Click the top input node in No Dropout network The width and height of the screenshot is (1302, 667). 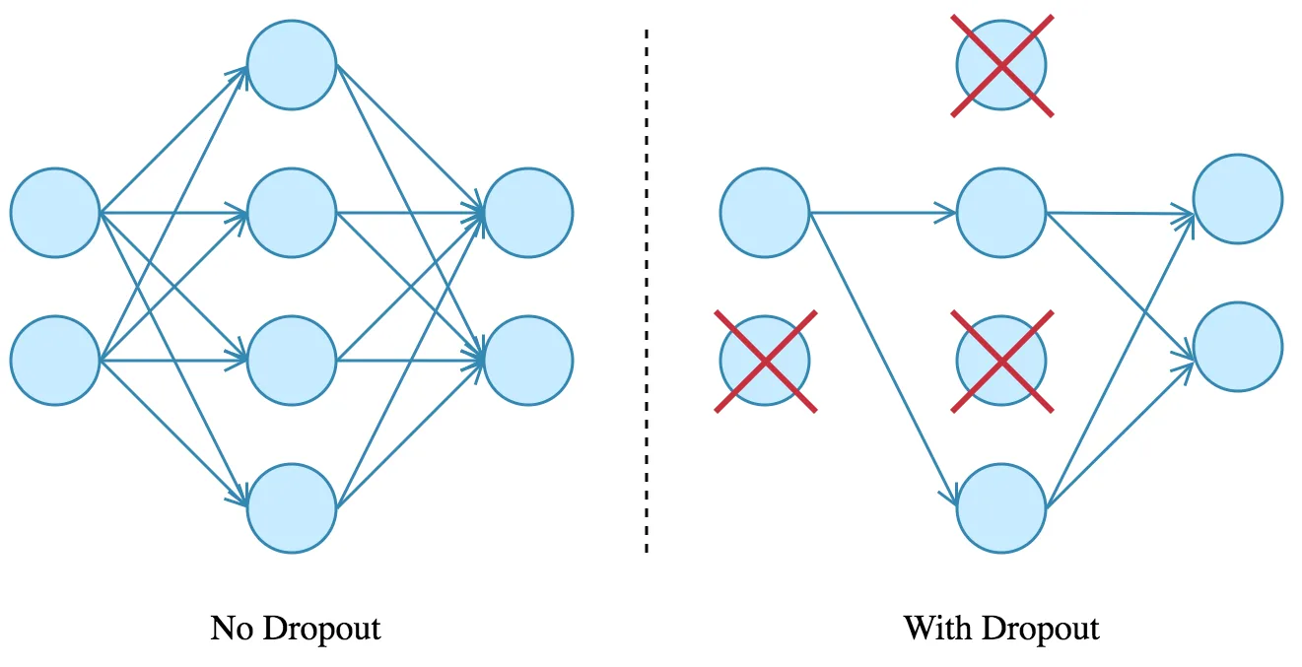55,213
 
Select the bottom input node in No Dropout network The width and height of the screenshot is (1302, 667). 55,361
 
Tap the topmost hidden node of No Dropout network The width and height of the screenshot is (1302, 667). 292,65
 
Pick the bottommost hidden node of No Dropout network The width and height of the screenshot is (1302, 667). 292,508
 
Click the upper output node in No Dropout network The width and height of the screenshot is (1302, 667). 528,213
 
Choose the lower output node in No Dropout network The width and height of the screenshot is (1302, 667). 528,361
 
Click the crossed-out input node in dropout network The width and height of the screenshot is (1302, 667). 766,361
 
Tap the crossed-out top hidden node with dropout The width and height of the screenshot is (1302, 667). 1001,65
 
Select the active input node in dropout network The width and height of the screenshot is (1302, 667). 765,213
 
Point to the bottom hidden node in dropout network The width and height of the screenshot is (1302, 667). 1001,508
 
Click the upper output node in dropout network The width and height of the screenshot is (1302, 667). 1238,199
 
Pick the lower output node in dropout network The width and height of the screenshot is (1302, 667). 1238,347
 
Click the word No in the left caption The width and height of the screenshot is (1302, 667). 232,629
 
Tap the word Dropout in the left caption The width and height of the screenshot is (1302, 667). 322,631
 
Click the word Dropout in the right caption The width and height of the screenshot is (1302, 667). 1041,631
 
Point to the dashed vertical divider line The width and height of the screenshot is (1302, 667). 647,291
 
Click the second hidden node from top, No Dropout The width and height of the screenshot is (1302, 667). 292,213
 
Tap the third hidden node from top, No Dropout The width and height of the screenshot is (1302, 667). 292,361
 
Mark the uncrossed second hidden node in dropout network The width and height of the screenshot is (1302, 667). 1001,213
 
